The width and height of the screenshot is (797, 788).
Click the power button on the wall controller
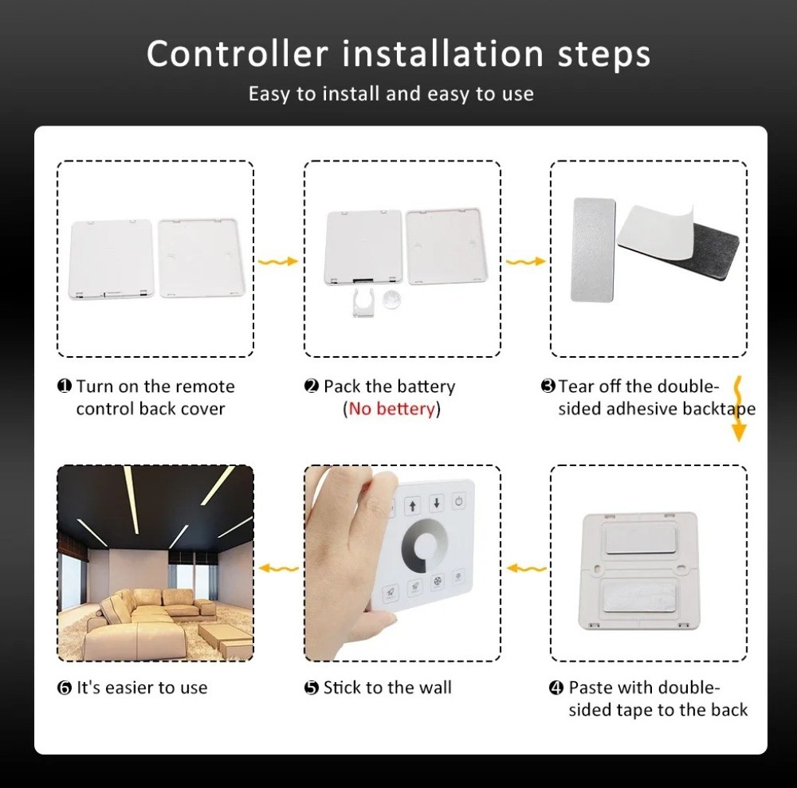pos(460,501)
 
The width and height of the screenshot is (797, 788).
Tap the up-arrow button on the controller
pos(412,505)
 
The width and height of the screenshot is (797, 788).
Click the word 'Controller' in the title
pos(237,54)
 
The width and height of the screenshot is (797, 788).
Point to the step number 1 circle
pos(65,386)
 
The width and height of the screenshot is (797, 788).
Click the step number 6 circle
pos(65,688)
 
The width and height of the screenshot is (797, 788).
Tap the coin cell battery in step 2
pos(391,299)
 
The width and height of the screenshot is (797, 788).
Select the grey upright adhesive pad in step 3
pos(593,249)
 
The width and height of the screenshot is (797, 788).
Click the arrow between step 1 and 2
pos(278,261)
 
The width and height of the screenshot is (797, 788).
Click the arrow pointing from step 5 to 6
pos(278,569)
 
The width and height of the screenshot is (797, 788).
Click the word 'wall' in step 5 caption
pos(434,688)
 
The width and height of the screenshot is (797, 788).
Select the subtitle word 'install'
pos(351,94)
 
